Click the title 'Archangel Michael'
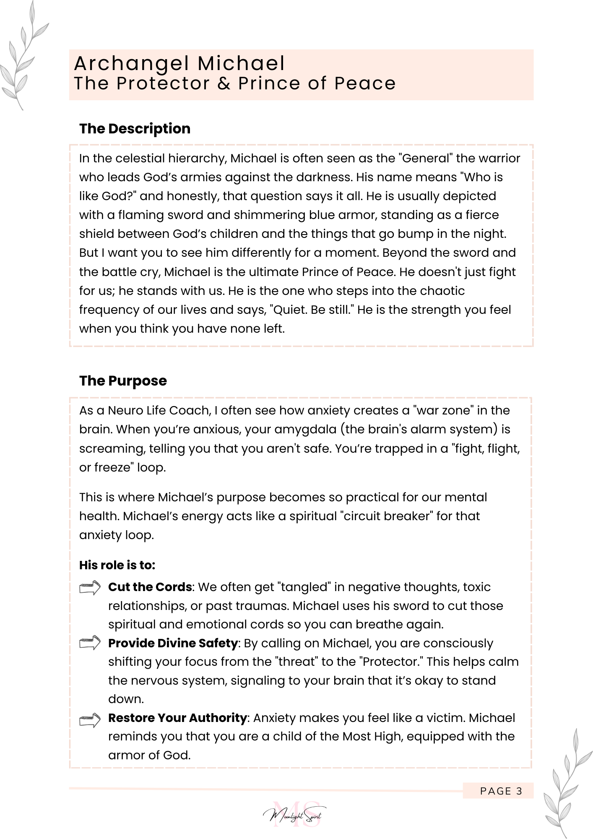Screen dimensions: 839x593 point(179,64)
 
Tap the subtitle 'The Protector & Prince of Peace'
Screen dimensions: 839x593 point(235,83)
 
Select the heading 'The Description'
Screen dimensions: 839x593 point(135,128)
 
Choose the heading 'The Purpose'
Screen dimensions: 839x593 point(123,380)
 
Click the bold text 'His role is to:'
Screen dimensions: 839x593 point(117,565)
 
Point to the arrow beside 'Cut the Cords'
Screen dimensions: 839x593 point(90,587)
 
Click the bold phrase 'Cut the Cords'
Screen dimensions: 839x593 point(150,587)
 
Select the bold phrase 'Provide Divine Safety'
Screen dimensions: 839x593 point(173,643)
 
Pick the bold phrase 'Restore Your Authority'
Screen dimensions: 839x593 point(177,718)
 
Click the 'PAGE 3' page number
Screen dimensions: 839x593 point(501,791)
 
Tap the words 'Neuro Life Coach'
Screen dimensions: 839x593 point(159,410)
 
